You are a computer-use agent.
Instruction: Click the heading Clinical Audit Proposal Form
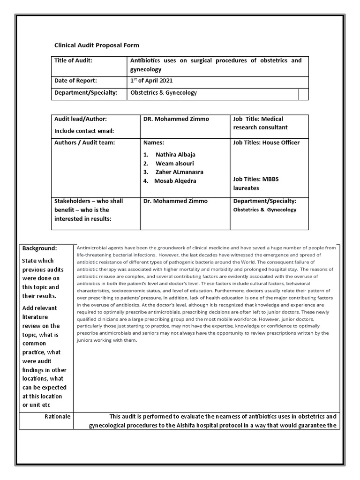pos(97,45)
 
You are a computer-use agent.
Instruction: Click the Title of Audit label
pos(73,60)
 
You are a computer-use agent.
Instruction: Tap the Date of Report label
pos(75,80)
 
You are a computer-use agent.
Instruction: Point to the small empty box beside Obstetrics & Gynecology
pos(303,94)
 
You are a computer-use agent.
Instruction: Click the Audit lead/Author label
pos(81,119)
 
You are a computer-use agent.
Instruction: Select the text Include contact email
pos(84,131)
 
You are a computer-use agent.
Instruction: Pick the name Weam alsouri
pos(173,163)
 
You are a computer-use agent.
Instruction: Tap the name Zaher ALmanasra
pos(179,172)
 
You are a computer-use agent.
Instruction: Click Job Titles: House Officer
pos(266,142)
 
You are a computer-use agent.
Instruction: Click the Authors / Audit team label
pos(84,142)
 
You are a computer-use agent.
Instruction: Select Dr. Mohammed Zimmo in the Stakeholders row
pos(174,201)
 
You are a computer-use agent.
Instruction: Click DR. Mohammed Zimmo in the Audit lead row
pos(176,119)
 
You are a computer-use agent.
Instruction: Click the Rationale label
pos(58,416)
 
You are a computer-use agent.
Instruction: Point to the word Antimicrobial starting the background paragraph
pos(92,247)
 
